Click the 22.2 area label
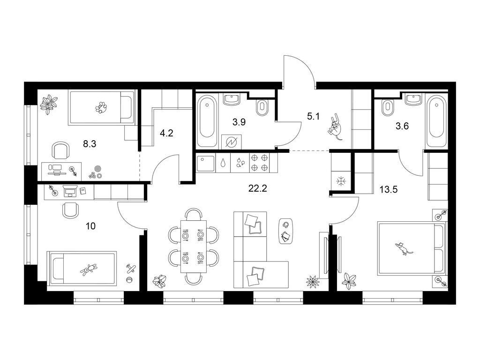click(x=257, y=188)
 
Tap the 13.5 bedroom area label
click(x=389, y=189)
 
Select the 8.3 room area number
click(x=90, y=143)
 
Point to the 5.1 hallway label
click(x=313, y=116)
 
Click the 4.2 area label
click(x=167, y=133)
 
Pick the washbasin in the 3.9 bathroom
click(x=232, y=99)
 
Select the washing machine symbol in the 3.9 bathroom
click(x=231, y=142)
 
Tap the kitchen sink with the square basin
click(x=206, y=163)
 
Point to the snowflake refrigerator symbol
click(x=341, y=181)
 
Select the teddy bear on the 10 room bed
click(x=89, y=270)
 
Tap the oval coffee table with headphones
click(x=286, y=231)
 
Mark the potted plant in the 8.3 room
click(x=49, y=104)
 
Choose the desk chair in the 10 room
click(x=70, y=210)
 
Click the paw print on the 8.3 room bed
click(x=101, y=108)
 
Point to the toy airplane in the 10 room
click(x=131, y=269)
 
